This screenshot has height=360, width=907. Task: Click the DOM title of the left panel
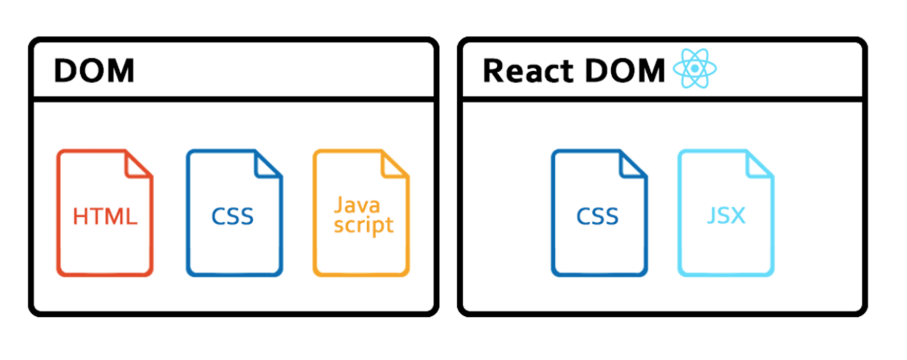pyautogui.click(x=94, y=71)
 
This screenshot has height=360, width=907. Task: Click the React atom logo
pyautogui.click(x=694, y=69)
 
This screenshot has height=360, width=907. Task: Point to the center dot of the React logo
pyautogui.click(x=694, y=69)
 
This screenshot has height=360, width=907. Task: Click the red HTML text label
pyautogui.click(x=105, y=216)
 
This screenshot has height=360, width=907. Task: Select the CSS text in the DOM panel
pyautogui.click(x=232, y=215)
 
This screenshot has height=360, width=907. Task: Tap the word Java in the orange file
pyautogui.click(x=357, y=206)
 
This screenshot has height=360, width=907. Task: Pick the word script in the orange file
pyautogui.click(x=364, y=225)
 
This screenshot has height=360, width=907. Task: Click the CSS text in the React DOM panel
pyautogui.click(x=597, y=215)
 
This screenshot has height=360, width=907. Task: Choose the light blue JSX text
pyautogui.click(x=726, y=215)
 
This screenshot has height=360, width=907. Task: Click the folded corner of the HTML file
pyautogui.click(x=140, y=164)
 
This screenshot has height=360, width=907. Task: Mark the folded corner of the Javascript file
pyautogui.click(x=395, y=164)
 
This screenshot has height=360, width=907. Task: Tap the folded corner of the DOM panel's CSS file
pyautogui.click(x=269, y=164)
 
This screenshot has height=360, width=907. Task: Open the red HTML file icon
pyautogui.click(x=105, y=213)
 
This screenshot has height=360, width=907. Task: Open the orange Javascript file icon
pyautogui.click(x=361, y=213)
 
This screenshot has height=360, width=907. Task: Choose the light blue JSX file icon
pyautogui.click(x=726, y=213)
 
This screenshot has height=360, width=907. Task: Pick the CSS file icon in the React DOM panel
pyautogui.click(x=599, y=213)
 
